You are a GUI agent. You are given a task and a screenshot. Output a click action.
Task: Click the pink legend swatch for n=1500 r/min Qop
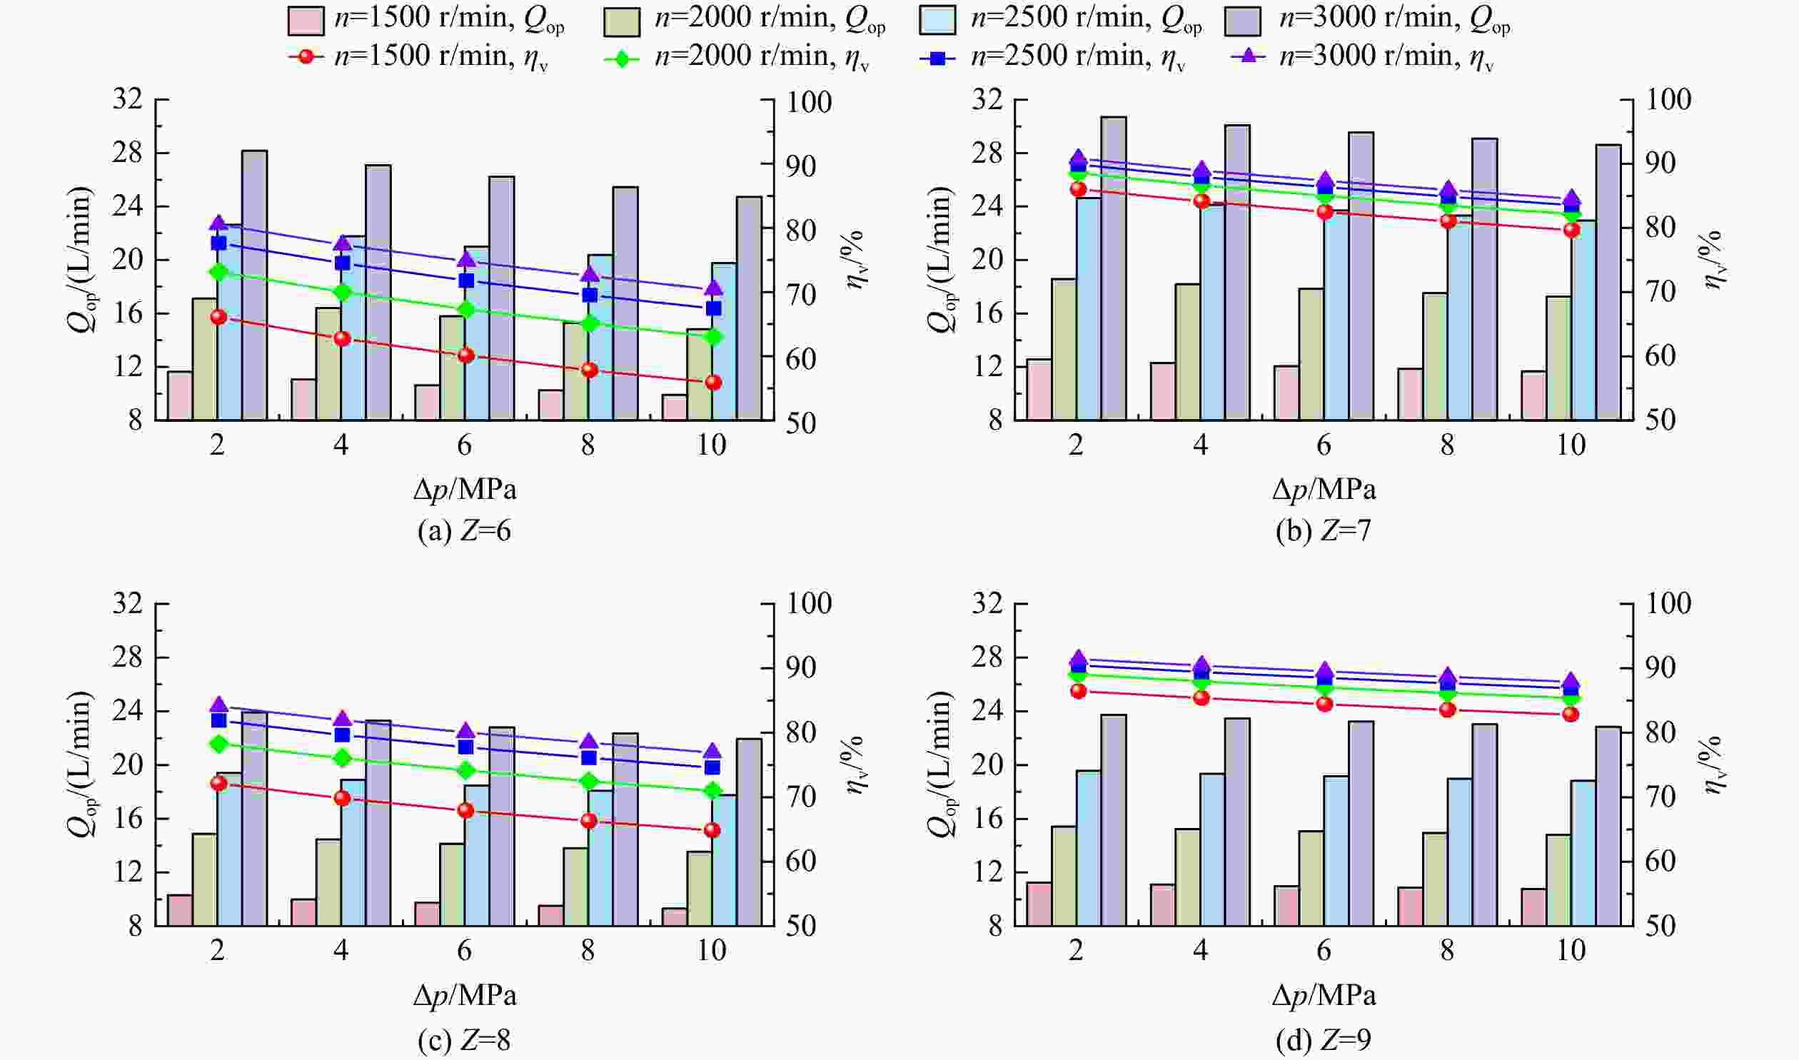(x=306, y=21)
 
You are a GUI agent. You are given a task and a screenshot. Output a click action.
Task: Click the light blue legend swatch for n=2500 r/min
(x=938, y=21)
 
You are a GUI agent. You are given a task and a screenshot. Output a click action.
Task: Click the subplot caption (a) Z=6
(x=464, y=531)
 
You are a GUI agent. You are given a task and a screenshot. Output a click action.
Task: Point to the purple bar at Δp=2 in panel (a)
(x=254, y=285)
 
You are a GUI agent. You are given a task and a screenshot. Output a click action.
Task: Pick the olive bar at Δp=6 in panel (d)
(x=1311, y=878)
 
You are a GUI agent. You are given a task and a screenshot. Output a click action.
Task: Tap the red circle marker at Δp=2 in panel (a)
(x=218, y=317)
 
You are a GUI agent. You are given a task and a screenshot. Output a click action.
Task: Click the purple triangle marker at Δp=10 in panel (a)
(x=713, y=288)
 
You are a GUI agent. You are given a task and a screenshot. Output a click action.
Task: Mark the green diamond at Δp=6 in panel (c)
(x=466, y=770)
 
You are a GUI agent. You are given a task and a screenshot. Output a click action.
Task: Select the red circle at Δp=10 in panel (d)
(x=1571, y=715)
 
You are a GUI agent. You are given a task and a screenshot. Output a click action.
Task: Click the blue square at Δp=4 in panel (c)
(x=342, y=735)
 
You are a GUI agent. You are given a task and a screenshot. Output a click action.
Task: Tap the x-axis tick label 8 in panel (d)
(x=1447, y=950)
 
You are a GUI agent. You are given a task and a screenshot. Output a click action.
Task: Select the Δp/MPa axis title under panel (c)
(x=465, y=995)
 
